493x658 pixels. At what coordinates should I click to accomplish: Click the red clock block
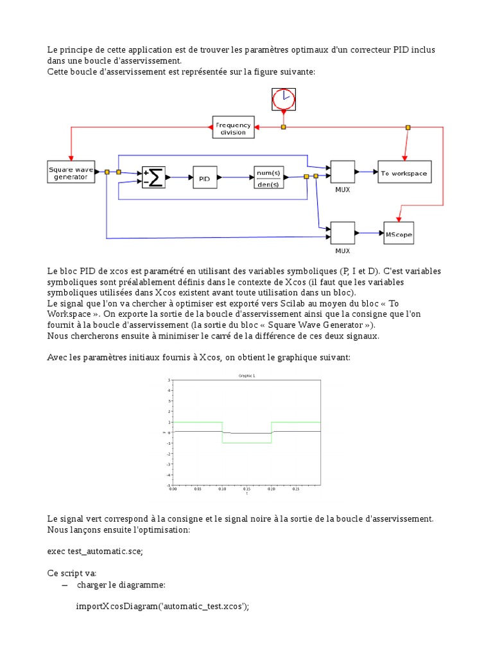283,99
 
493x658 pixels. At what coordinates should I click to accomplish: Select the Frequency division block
233,127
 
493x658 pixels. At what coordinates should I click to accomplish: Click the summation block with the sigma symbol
153,177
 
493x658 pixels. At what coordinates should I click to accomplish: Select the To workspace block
403,172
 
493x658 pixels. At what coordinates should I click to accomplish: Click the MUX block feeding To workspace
343,172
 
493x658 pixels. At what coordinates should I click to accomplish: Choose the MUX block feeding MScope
343,233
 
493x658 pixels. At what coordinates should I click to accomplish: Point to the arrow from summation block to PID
179,177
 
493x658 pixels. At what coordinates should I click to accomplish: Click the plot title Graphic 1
246,375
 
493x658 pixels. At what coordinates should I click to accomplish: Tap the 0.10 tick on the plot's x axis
221,489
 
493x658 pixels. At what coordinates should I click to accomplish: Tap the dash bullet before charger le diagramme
64,585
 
